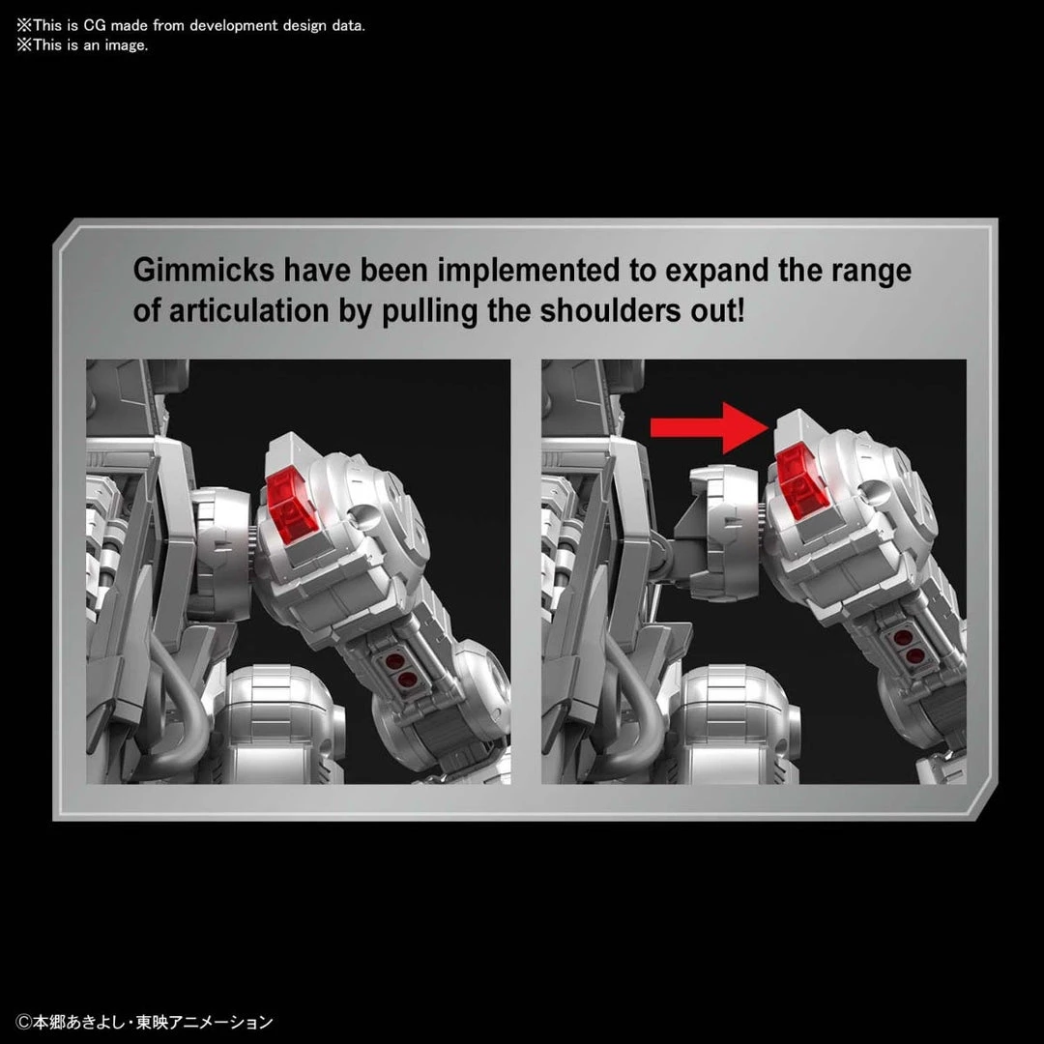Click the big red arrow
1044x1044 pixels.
(x=710, y=427)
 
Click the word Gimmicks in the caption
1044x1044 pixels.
(x=204, y=271)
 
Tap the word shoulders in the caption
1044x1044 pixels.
(x=610, y=311)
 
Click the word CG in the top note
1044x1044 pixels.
(x=95, y=25)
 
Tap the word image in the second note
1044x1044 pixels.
(x=126, y=46)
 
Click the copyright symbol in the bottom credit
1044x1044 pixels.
(x=24, y=1022)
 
